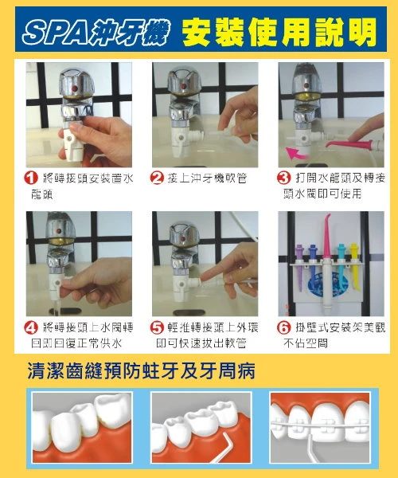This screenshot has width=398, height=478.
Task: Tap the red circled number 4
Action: pos(32,327)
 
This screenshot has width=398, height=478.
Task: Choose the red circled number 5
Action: pos(157,327)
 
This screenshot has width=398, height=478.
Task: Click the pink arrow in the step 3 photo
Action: pos(298,151)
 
